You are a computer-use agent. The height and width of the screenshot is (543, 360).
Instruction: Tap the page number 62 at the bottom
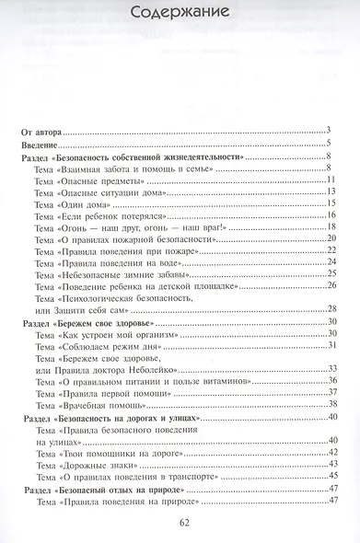[x=180, y=526]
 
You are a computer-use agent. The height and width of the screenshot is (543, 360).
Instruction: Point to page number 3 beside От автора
[x=328, y=133]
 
